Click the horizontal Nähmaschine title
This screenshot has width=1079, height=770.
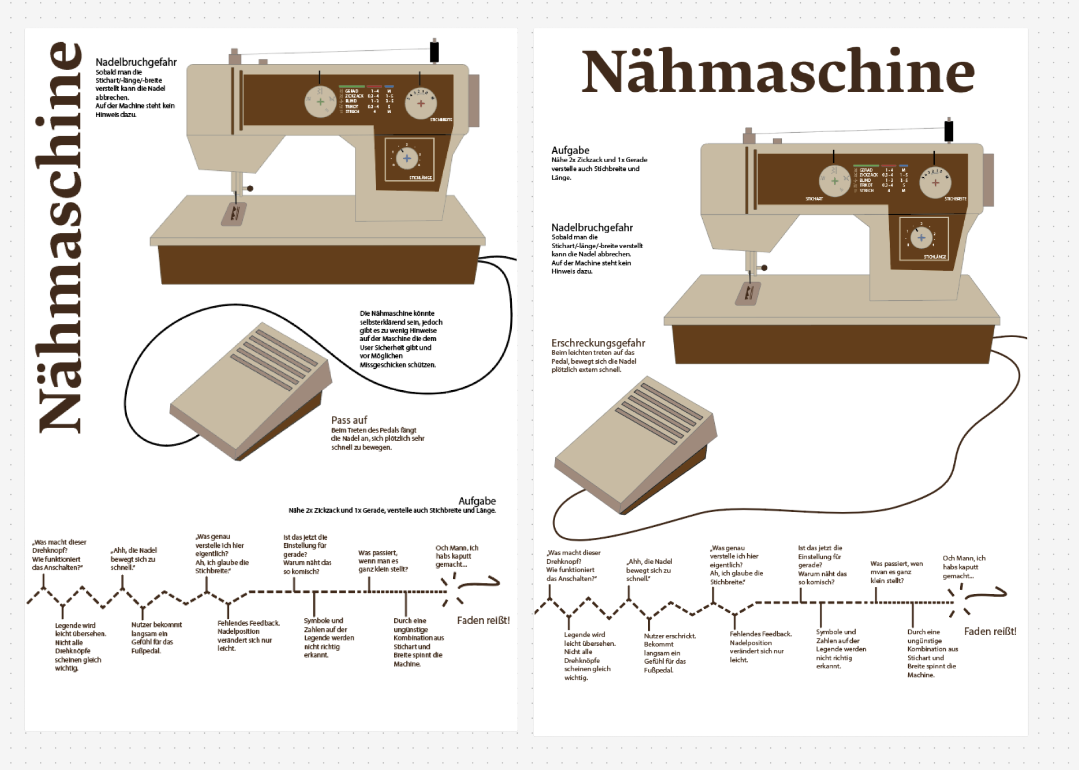(778, 72)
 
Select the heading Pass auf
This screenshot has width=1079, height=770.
(349, 420)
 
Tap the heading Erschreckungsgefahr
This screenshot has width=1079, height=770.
(598, 343)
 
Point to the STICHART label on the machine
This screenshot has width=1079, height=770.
(814, 199)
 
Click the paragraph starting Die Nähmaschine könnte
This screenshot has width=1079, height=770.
(400, 339)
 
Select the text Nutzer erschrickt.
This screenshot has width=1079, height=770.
(669, 636)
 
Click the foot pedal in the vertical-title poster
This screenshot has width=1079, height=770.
(251, 393)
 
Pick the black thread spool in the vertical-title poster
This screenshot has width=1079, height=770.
(434, 52)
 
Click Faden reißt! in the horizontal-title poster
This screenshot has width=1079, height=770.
(990, 631)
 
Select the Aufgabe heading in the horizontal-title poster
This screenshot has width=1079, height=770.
(570, 151)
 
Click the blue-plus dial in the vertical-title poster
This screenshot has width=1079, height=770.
(407, 158)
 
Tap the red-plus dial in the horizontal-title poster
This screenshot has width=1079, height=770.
(935, 182)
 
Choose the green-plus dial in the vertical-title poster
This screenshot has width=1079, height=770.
(320, 102)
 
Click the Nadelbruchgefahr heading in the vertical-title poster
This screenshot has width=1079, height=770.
(136, 62)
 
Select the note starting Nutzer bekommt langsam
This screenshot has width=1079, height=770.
(156, 638)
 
